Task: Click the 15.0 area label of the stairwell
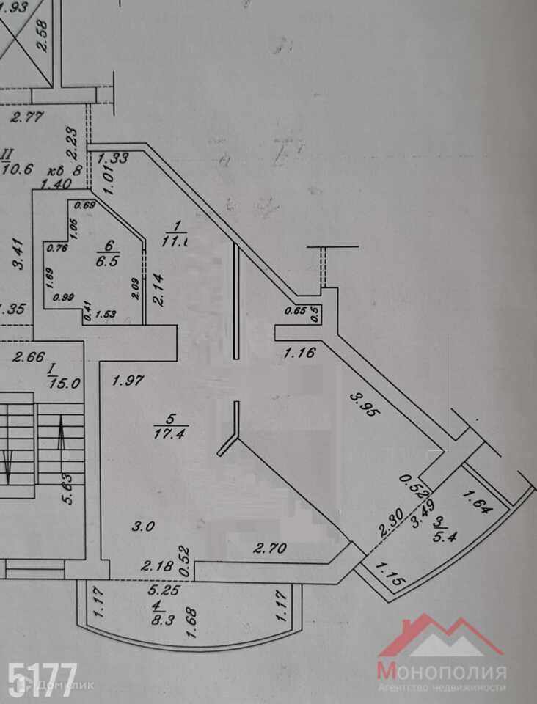click(64, 382)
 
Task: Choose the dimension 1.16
click(299, 353)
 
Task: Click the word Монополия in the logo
click(442, 671)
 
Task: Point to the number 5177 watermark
click(42, 679)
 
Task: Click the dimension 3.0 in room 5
click(142, 526)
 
